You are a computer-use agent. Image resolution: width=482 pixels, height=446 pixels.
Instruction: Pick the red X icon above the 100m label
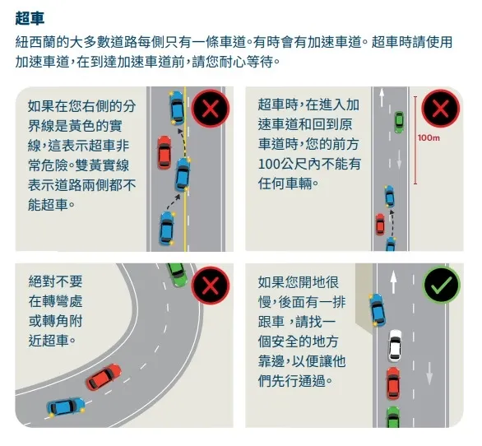(x=441, y=109)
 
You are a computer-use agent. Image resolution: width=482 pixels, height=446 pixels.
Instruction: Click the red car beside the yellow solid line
(x=164, y=151)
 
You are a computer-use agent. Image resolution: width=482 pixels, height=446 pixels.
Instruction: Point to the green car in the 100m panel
(x=399, y=122)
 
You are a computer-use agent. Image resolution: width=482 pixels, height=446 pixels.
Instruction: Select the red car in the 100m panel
(x=380, y=224)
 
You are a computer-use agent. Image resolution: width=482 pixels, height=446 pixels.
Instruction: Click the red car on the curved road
(x=102, y=379)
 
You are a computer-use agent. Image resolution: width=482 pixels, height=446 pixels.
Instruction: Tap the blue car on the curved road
(x=65, y=406)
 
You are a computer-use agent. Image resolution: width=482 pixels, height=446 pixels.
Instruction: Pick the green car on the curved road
(x=175, y=273)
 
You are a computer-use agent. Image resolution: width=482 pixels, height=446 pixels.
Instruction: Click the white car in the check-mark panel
(x=395, y=346)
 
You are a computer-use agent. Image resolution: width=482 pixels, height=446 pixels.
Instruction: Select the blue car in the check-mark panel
(x=378, y=309)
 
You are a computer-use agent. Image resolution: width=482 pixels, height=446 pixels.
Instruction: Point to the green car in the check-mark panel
(x=393, y=417)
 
